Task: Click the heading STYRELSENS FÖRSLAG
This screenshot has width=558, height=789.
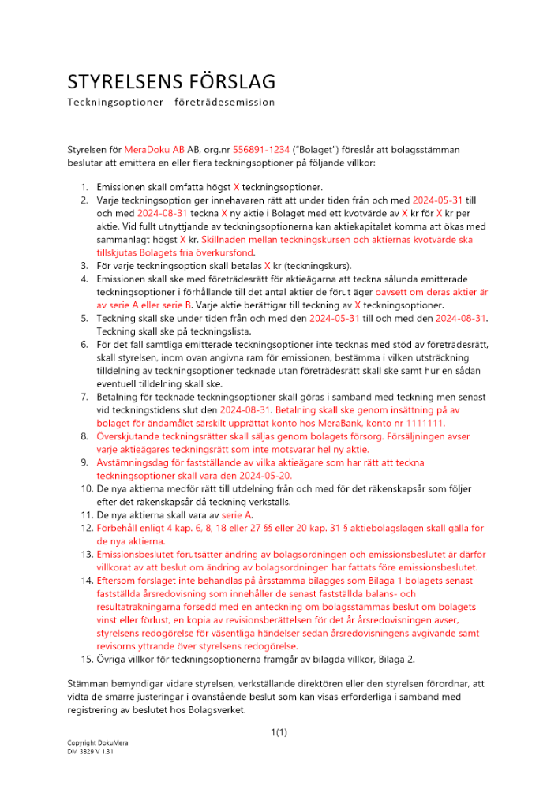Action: tap(170, 82)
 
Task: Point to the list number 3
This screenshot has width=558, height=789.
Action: tap(84, 266)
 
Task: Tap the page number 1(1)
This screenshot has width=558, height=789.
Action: tap(279, 733)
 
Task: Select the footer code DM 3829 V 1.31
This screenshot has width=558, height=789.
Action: tap(91, 752)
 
